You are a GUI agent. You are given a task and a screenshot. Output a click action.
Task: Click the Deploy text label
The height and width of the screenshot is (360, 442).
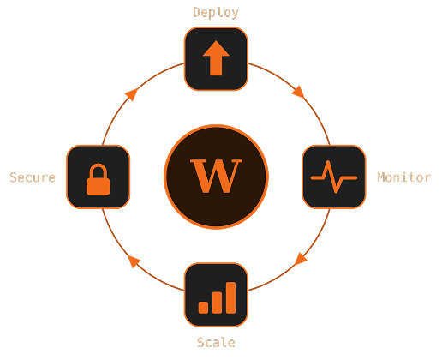(216, 13)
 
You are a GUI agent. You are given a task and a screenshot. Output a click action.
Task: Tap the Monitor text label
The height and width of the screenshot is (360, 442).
(404, 177)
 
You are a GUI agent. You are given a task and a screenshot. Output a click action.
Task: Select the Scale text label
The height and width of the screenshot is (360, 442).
(216, 342)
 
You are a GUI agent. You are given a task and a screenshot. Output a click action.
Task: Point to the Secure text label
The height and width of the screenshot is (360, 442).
(33, 177)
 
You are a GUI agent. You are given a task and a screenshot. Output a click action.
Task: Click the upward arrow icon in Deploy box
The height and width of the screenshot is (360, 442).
(216, 58)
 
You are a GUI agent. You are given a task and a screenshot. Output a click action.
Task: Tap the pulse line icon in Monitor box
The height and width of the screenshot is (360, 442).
(334, 177)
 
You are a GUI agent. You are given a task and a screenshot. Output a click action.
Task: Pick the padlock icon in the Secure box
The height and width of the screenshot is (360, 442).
(99, 179)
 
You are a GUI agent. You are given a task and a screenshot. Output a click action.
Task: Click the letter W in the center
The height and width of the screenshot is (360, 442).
(216, 176)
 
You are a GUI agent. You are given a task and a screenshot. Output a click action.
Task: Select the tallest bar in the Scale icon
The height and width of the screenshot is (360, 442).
(230, 297)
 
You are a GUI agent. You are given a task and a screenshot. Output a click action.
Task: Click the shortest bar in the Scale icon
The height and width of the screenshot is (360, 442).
(203, 308)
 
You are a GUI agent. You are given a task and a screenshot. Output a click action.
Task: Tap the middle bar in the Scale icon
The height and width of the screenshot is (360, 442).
(217, 303)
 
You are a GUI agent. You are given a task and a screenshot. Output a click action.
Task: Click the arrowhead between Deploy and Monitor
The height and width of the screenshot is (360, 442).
(299, 92)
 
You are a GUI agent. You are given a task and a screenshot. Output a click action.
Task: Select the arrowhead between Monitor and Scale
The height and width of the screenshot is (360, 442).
(301, 259)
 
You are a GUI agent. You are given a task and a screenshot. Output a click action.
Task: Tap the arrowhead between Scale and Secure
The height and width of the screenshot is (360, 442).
(134, 261)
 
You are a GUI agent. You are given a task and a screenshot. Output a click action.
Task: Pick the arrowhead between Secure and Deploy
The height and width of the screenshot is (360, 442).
(131, 94)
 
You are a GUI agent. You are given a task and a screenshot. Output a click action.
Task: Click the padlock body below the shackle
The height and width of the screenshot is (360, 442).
(99, 187)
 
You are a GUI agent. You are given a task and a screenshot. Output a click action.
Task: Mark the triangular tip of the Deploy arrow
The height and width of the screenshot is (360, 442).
(216, 40)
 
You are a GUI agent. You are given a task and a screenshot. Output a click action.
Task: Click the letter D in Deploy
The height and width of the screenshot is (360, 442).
(196, 12)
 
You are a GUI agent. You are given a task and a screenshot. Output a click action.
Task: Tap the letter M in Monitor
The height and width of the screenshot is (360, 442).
(381, 177)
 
